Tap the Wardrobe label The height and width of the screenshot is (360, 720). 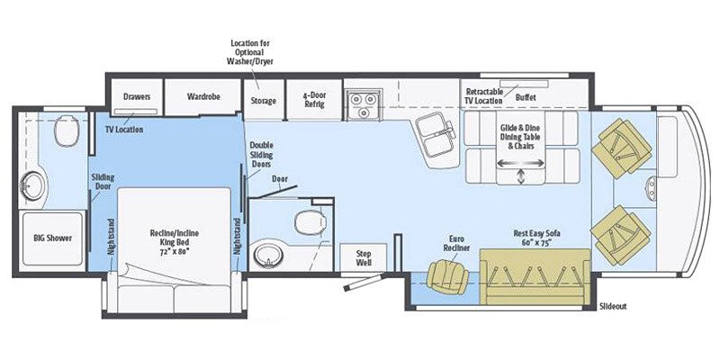[204, 95]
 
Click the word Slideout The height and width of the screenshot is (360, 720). [613, 306]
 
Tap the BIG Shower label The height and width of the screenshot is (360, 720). [53, 238]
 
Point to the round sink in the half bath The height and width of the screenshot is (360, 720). [266, 255]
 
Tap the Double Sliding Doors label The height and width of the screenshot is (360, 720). [262, 155]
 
